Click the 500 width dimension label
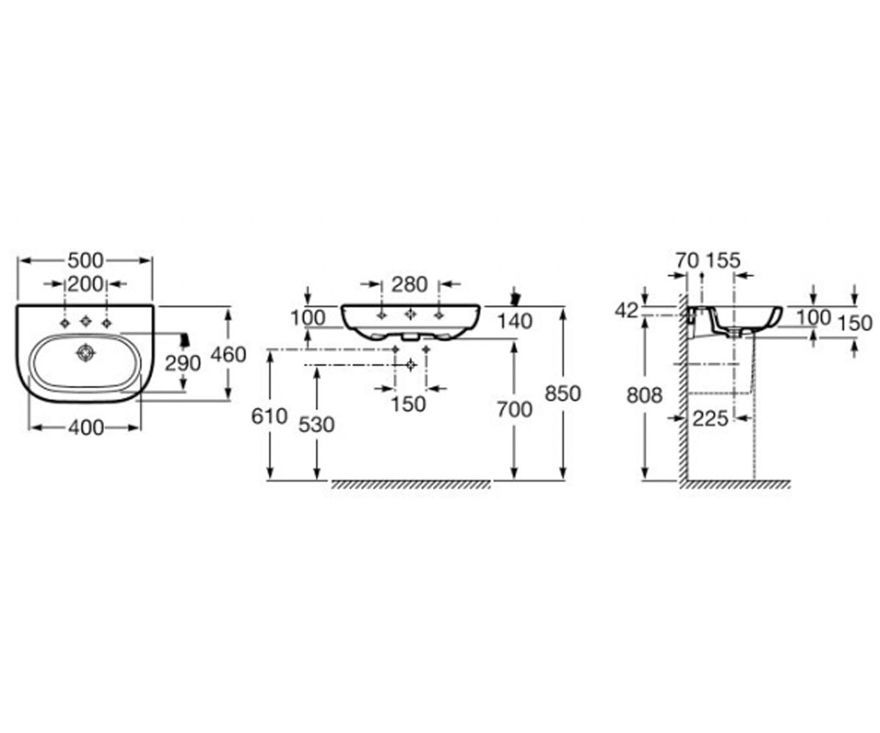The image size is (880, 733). pos(86,261)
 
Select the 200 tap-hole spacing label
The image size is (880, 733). pos(86,284)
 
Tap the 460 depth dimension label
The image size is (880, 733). pos(228,355)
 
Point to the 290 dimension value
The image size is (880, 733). pos(183,364)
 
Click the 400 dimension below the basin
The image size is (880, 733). pos(86,428)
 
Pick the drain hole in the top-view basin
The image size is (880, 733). pos(86,353)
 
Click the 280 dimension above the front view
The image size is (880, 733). pos(410,285)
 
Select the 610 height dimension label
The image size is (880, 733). pos(269,416)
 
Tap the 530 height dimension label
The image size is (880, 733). pos(317,424)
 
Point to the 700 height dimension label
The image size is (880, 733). pos(515,410)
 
